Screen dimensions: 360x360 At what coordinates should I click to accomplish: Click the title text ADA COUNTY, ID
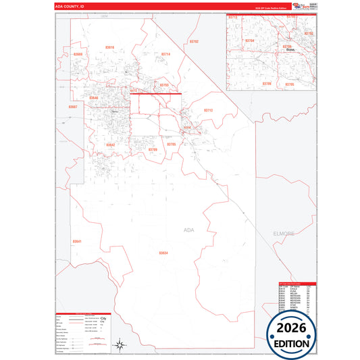coord(70,6)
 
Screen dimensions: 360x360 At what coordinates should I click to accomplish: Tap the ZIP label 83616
coord(109,47)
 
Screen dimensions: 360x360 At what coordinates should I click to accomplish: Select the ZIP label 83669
coord(78,54)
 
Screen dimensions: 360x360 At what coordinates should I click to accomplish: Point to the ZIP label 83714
coord(166,54)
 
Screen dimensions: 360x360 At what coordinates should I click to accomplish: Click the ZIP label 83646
coord(93,98)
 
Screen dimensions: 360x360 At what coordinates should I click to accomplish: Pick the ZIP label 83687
coord(73,107)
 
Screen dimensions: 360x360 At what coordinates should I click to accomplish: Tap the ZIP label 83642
coord(110,144)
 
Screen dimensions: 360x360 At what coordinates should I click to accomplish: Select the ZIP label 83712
coord(208,110)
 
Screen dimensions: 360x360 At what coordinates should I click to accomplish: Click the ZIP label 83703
coord(163,85)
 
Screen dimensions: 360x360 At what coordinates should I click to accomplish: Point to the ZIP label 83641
coord(77,241)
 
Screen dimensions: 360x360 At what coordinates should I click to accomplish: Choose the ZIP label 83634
coord(163,253)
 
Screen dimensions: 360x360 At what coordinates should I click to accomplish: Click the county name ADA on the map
coord(188,230)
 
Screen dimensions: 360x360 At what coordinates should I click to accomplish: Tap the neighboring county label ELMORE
coord(284,233)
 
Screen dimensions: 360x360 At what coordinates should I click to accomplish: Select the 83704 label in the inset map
coord(250,41)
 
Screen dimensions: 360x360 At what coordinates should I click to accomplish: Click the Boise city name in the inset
coord(291,50)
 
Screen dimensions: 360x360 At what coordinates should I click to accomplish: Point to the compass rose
coord(118,344)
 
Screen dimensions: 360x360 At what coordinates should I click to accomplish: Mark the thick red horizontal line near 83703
coord(155,93)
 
